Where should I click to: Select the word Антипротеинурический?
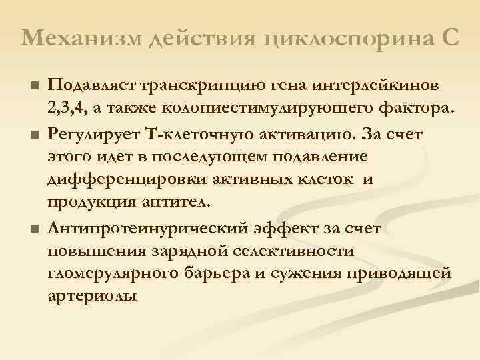[x=147, y=229]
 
